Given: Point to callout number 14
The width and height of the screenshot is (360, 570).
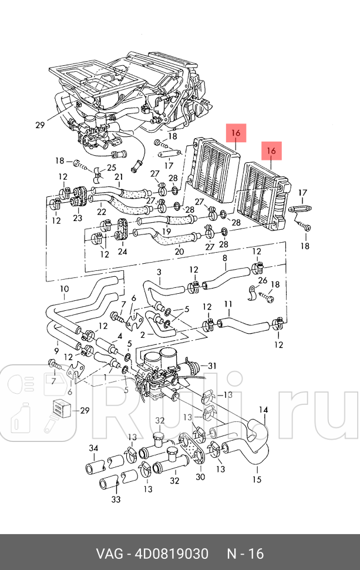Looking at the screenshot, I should point(264,410).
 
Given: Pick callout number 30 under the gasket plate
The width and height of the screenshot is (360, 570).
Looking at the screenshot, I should point(200,477).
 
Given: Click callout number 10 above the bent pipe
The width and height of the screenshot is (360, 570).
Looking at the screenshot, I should point(64,289).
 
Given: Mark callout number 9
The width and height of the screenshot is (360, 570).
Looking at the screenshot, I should point(56,343).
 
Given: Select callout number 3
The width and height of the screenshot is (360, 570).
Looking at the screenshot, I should point(158,271).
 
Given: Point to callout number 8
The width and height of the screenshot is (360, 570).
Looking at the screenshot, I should point(224,258).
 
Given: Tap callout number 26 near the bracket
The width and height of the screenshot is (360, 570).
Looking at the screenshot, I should point(263,280).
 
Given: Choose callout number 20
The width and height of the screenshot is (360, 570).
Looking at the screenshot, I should point(179,252).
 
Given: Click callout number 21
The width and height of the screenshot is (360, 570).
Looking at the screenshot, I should point(119,177).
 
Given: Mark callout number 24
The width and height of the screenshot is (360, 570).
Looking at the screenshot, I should point(122,252).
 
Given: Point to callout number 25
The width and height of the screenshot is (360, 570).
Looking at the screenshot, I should point(112,169).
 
